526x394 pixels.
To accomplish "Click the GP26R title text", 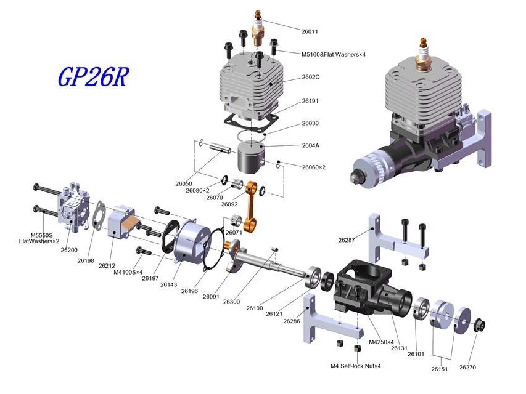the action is click(x=93, y=77).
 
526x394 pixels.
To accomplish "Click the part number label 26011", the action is click(x=310, y=31).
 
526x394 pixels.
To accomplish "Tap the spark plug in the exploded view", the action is click(x=257, y=28).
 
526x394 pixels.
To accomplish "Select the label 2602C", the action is click(x=310, y=77).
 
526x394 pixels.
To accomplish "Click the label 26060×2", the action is click(x=314, y=167).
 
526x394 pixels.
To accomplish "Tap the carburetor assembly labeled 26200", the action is click(x=74, y=206).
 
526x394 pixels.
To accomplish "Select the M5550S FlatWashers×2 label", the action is click(x=39, y=238).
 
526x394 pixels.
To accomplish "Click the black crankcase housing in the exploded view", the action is click(x=372, y=288).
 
